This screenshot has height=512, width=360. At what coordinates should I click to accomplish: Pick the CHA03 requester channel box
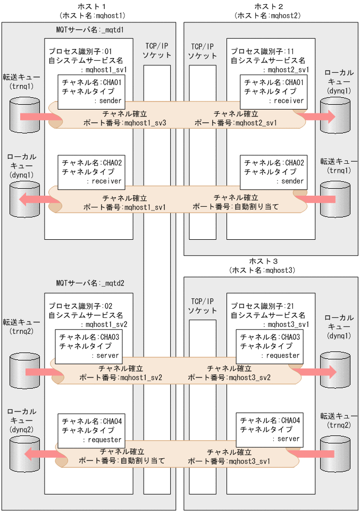coord(270,346)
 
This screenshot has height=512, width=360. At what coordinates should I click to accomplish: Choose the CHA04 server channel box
coord(270,430)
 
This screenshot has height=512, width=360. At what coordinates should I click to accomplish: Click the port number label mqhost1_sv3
coord(125,123)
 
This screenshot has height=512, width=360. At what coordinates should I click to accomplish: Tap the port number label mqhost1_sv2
coord(121,377)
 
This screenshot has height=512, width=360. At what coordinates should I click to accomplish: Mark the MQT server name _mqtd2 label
coord(90,283)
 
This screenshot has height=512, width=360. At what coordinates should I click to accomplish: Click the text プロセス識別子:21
coord(262,306)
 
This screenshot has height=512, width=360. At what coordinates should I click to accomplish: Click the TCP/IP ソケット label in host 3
coord(204,306)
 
